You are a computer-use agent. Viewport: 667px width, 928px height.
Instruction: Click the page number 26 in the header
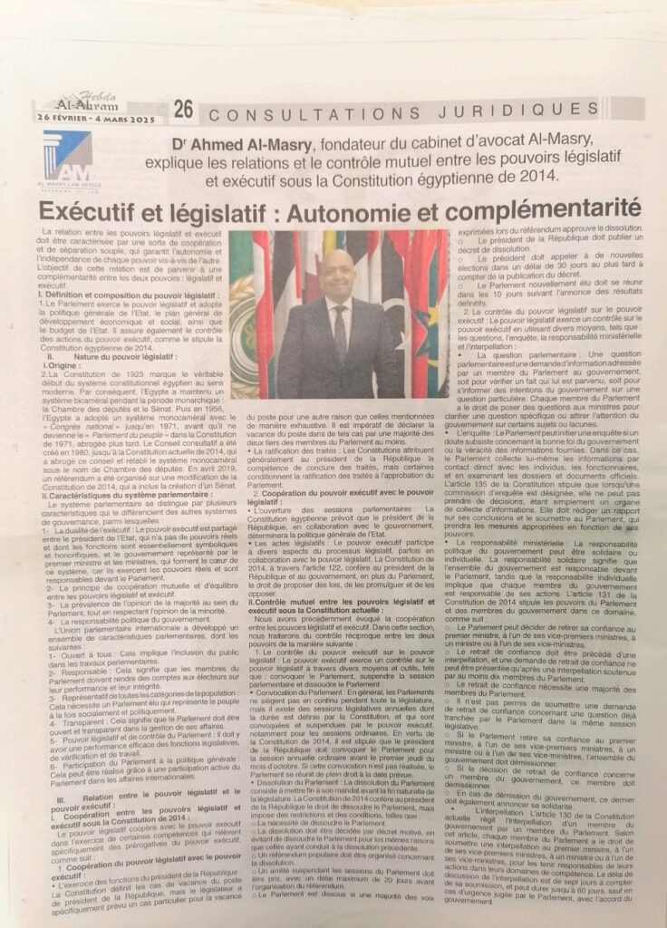183,110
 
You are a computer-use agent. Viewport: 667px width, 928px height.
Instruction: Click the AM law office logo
68,158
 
